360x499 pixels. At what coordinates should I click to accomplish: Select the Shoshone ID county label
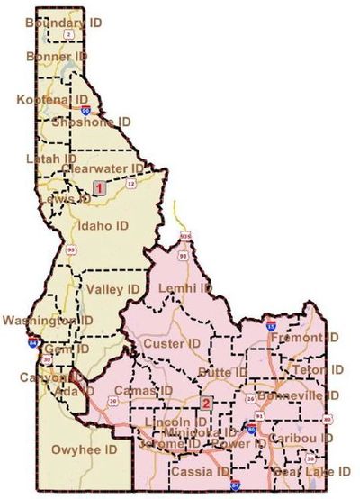92,121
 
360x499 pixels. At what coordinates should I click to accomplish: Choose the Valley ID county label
115,289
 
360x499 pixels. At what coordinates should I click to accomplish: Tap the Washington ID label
47,321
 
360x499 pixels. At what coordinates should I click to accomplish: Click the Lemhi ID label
184,288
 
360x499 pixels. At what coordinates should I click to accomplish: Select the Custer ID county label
171,344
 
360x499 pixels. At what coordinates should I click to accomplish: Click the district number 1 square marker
99,187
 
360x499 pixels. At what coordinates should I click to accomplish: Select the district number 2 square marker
206,403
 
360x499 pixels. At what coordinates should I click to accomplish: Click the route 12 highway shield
131,185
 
